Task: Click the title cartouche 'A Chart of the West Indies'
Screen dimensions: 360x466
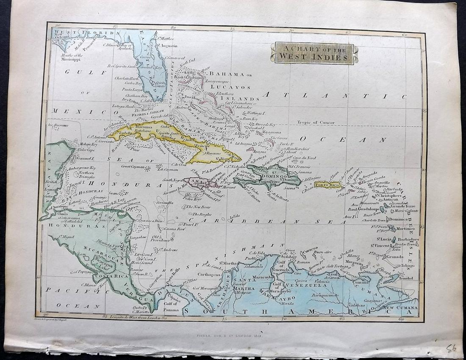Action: (x=314, y=53)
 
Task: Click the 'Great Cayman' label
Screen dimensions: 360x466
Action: (x=132, y=166)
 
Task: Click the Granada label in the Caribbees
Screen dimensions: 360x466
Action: (x=394, y=257)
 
